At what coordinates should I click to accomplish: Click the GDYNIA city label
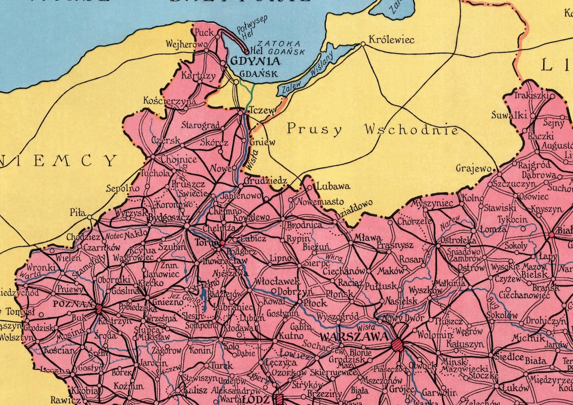point(255,61)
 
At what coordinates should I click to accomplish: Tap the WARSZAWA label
point(353,335)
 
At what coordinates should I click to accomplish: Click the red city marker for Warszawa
point(397,344)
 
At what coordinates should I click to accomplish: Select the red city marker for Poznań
point(99,309)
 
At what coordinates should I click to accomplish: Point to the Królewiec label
point(392,39)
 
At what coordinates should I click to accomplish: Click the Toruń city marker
point(222,243)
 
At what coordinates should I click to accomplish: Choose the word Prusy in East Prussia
point(314,129)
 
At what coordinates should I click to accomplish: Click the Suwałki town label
point(509,115)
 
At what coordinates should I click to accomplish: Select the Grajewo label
point(473,169)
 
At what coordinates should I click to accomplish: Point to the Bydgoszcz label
point(168,218)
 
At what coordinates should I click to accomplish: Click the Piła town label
point(77,213)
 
